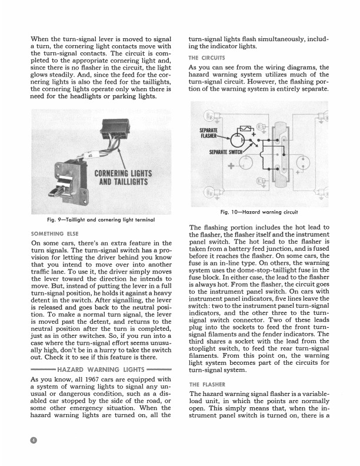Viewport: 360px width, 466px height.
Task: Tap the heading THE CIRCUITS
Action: (x=206, y=58)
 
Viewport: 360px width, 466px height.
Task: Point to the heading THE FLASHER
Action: (x=206, y=383)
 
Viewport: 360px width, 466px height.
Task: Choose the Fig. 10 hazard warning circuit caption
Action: (x=258, y=212)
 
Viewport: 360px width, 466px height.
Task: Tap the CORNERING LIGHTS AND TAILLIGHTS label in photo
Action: (x=123, y=177)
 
